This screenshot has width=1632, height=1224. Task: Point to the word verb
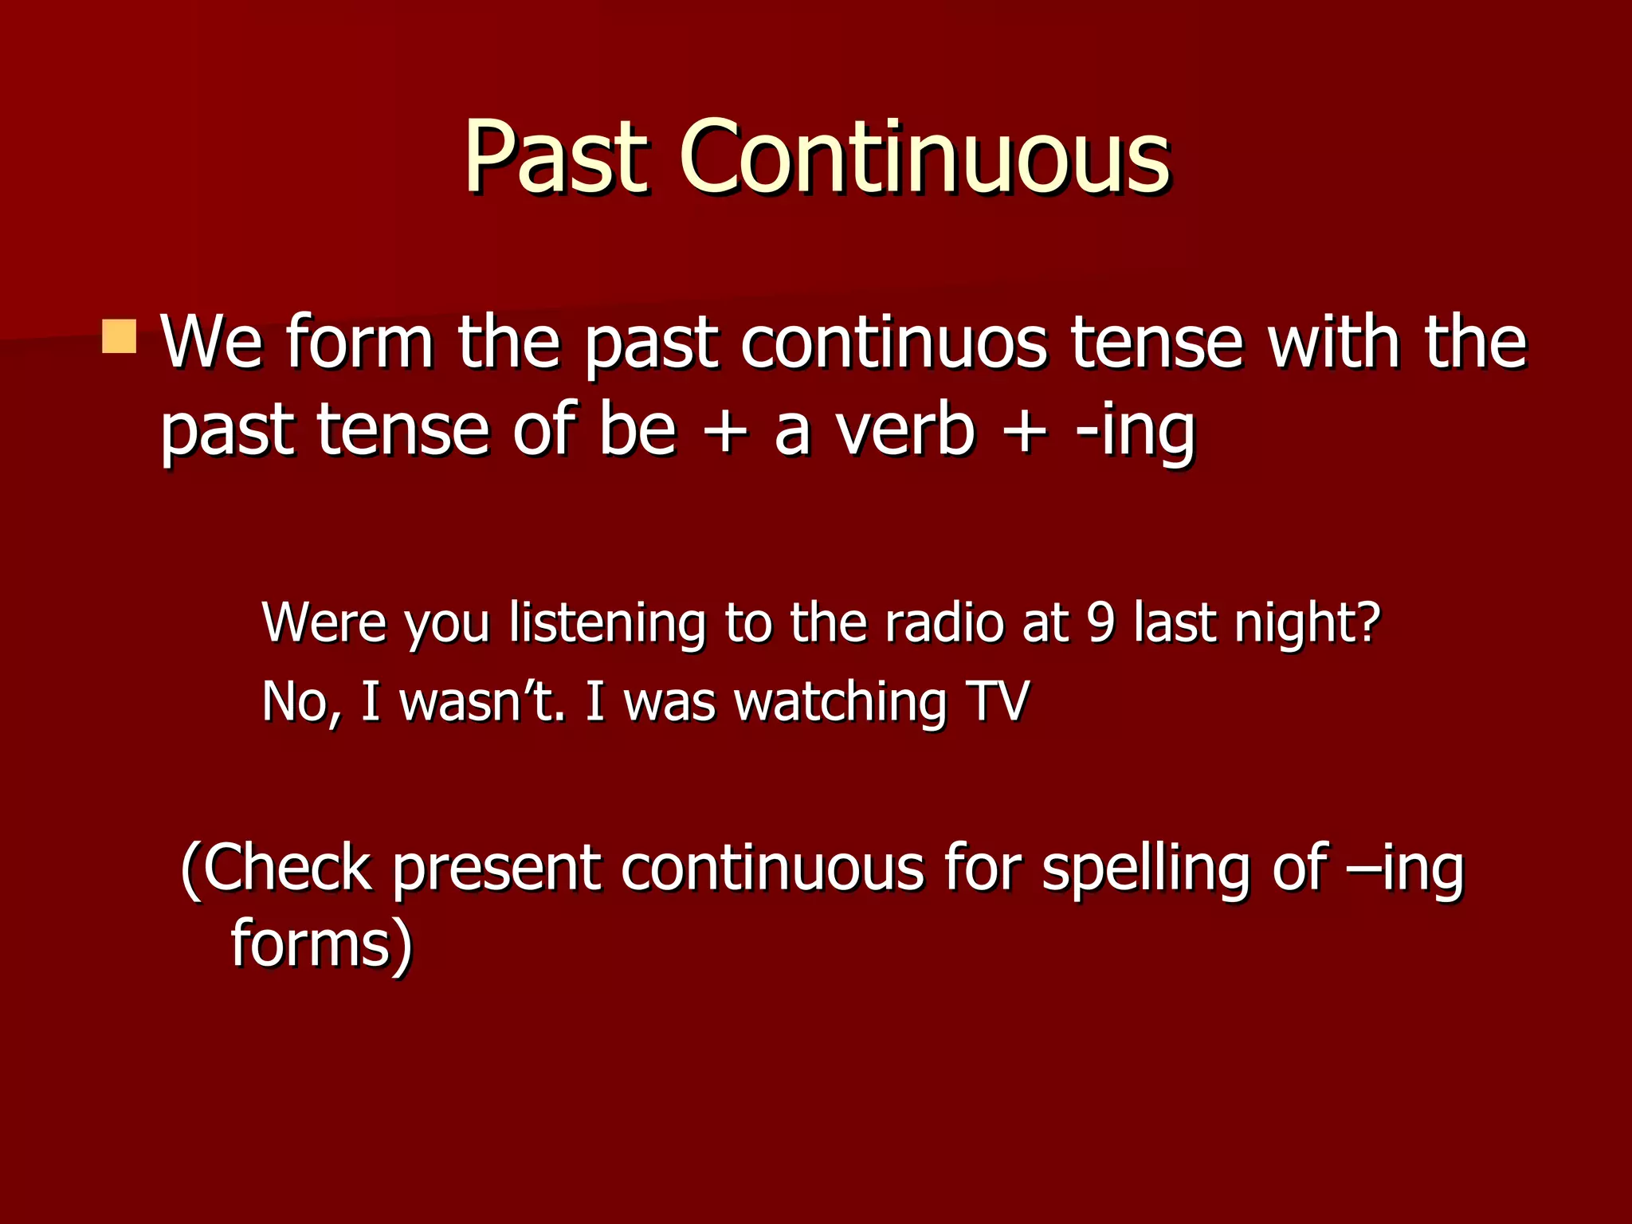[904, 430]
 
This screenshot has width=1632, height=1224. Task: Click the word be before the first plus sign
[637, 430]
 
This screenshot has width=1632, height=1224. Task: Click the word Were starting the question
[324, 622]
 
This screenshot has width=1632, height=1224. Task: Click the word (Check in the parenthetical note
[276, 869]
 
